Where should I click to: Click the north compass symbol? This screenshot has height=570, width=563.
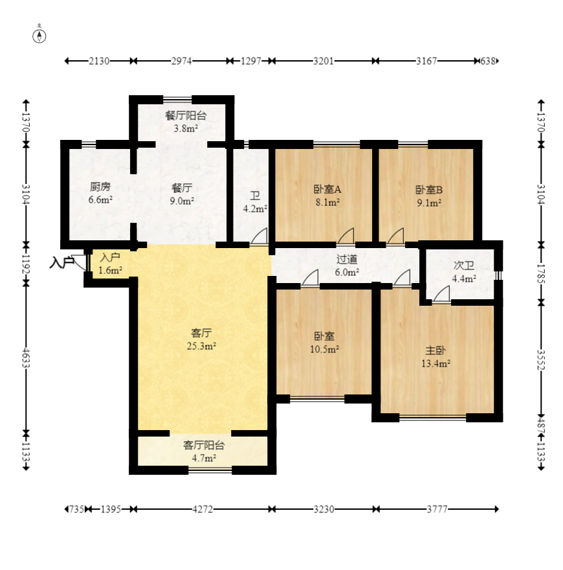point(39,36)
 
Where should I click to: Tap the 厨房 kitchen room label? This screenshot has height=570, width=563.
point(100,187)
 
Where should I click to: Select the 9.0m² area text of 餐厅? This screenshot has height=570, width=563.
point(182,201)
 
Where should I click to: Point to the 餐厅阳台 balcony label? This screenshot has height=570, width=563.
point(186,115)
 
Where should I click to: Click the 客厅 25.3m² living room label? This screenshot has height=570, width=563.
point(201,339)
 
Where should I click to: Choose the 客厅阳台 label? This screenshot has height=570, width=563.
point(204,445)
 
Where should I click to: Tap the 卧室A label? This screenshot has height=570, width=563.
point(327,189)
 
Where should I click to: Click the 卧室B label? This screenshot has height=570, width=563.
point(429,189)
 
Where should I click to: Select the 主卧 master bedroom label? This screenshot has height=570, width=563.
point(436,350)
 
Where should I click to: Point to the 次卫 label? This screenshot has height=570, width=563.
point(464,266)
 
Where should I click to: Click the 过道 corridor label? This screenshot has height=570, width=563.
point(347,259)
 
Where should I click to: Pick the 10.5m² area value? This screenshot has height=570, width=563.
point(324,349)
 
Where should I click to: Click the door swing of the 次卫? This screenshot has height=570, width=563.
point(441,293)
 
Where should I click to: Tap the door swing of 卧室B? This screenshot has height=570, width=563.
point(395,236)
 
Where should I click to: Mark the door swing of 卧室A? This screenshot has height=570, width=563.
point(346,236)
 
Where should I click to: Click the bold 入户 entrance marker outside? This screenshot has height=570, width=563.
point(61,262)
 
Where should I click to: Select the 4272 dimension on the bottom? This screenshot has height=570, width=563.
point(203,509)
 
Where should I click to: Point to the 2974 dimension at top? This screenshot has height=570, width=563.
point(182,61)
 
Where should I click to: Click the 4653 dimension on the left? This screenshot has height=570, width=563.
point(26,358)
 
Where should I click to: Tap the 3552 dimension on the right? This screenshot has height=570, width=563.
point(541,359)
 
